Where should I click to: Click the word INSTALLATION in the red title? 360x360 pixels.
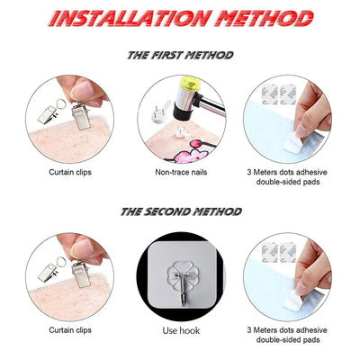pos(129,18)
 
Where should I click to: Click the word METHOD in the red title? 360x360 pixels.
pos(265,18)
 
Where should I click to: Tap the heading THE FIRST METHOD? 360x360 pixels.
pos(180,55)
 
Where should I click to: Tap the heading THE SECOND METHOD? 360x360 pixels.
pos(181,211)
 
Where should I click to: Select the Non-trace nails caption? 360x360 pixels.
pos(181,172)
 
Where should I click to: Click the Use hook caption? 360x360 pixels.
pos(181,330)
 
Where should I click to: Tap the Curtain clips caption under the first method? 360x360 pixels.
pos(70,172)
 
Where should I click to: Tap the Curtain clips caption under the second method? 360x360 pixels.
pos(70,330)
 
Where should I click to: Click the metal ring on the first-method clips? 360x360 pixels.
pos(61,104)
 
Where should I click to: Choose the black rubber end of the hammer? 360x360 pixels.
pos(182,113)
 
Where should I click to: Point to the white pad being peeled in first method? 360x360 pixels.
pos(293,142)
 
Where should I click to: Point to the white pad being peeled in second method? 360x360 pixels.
pos(293,300)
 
